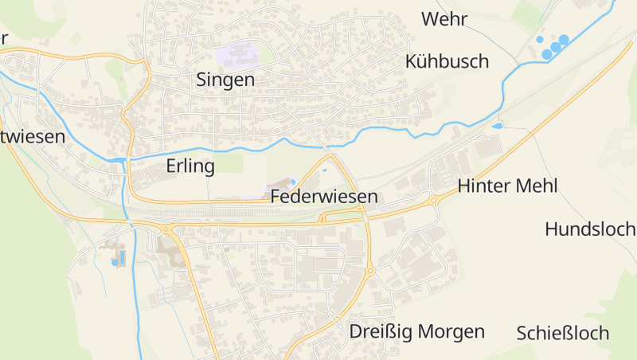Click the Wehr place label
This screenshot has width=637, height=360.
(444, 19)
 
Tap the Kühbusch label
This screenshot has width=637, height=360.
(447, 61)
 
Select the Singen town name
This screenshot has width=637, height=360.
(225, 80)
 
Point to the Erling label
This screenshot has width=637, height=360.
(191, 166)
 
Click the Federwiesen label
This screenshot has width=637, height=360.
(323, 196)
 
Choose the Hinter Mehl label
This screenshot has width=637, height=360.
(508, 186)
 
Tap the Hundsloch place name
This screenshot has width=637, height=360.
(590, 229)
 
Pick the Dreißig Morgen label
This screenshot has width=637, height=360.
(417, 331)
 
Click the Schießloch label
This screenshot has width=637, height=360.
(563, 333)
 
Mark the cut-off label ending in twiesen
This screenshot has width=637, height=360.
(33, 136)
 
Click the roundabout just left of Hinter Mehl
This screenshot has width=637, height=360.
(434, 200)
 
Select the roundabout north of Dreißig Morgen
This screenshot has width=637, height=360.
(370, 272)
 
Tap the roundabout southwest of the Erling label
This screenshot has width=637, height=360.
(166, 229)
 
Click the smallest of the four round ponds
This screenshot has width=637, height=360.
(539, 39)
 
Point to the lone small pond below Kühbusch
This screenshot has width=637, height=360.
(498, 126)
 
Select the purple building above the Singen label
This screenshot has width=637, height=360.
(236, 55)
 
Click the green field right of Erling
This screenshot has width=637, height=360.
(230, 163)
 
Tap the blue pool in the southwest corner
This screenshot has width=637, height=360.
(115, 261)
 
